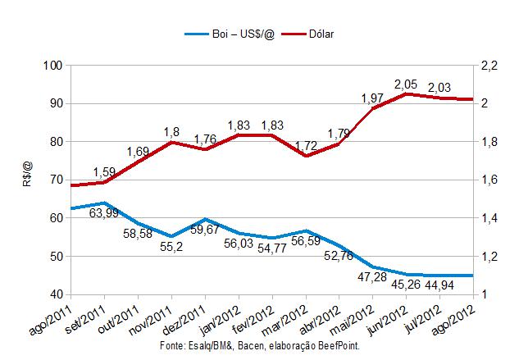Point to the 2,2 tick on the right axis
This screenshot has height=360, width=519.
[x=489, y=66]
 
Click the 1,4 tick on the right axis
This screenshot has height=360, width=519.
[x=489, y=218]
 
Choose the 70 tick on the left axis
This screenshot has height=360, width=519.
[x=54, y=180]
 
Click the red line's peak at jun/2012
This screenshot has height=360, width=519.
[x=407, y=93]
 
